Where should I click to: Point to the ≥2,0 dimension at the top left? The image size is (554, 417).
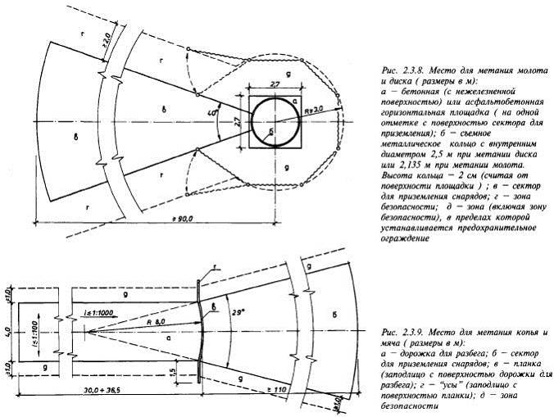pos(104,36)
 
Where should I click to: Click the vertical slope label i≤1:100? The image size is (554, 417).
pos(35,332)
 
